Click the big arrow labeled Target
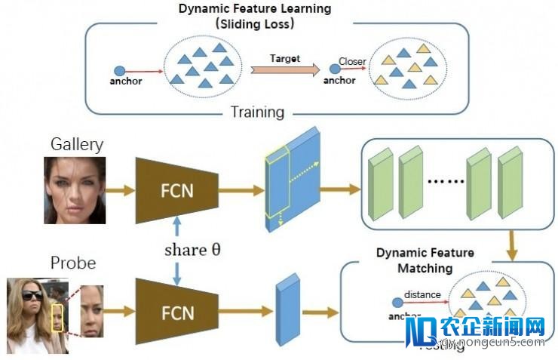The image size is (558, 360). point(284,70)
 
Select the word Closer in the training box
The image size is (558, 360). point(352,62)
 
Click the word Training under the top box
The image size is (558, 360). point(257,112)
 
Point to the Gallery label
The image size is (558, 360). point(76,144)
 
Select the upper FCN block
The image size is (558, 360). point(176,190)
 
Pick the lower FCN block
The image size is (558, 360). point(176,311)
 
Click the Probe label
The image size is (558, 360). point(73,263)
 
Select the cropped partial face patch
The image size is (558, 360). point(91,311)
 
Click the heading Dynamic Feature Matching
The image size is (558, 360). point(425,260)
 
